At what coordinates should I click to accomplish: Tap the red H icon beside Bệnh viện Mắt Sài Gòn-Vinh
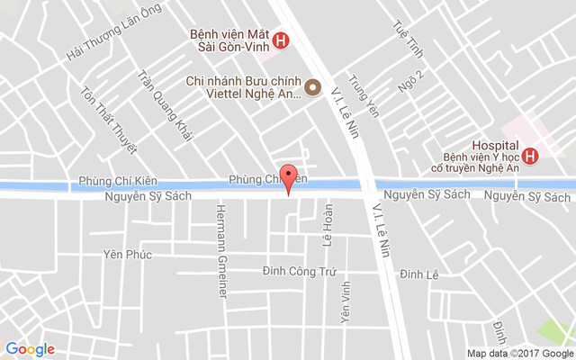[x=281, y=40]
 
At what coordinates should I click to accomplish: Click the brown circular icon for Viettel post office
[x=312, y=87]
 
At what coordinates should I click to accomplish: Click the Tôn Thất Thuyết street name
[x=108, y=119]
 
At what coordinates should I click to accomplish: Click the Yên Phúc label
[x=127, y=255]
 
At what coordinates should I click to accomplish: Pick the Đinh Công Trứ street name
[x=299, y=270]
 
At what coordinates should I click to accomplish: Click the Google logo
[x=30, y=349]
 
